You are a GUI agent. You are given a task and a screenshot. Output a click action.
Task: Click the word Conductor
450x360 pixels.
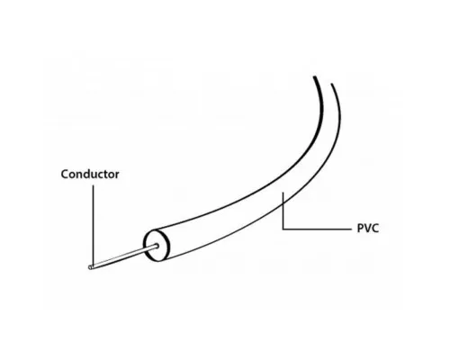[90, 175]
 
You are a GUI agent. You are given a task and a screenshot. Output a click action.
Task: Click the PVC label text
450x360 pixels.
[368, 229]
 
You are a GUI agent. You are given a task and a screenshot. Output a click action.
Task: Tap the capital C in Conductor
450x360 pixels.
[65, 175]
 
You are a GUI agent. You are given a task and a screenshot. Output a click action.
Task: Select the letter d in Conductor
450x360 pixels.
[89, 174]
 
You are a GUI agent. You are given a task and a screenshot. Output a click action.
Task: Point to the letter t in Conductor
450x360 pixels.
[105, 175]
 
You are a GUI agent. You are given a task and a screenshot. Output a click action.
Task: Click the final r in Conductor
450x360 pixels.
[117, 175]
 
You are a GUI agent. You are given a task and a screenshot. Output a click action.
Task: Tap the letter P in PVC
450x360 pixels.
[360, 229]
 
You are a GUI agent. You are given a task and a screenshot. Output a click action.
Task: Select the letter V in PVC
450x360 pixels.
[367, 229]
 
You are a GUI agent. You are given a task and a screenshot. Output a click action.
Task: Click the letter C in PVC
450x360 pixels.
[375, 229]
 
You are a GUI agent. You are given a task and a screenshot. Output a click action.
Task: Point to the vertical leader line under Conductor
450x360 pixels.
[93, 226]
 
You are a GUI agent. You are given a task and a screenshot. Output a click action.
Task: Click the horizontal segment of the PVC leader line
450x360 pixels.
[317, 229]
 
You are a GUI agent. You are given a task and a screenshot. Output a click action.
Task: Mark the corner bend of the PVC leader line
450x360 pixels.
[283, 229]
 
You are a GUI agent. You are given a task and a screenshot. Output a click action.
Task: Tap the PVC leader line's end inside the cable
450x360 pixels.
[283, 193]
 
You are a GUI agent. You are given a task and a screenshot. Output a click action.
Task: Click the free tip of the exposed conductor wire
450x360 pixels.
[90, 267]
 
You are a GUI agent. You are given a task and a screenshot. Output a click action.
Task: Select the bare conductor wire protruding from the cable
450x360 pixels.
[123, 256]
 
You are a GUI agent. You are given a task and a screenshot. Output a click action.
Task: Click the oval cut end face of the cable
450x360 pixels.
[157, 246]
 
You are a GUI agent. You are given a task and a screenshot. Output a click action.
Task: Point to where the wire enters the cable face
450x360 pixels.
[157, 246]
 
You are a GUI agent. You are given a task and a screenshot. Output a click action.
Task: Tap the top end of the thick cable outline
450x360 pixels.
[314, 77]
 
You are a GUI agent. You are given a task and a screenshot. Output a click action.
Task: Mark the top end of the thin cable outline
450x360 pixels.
[332, 85]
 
